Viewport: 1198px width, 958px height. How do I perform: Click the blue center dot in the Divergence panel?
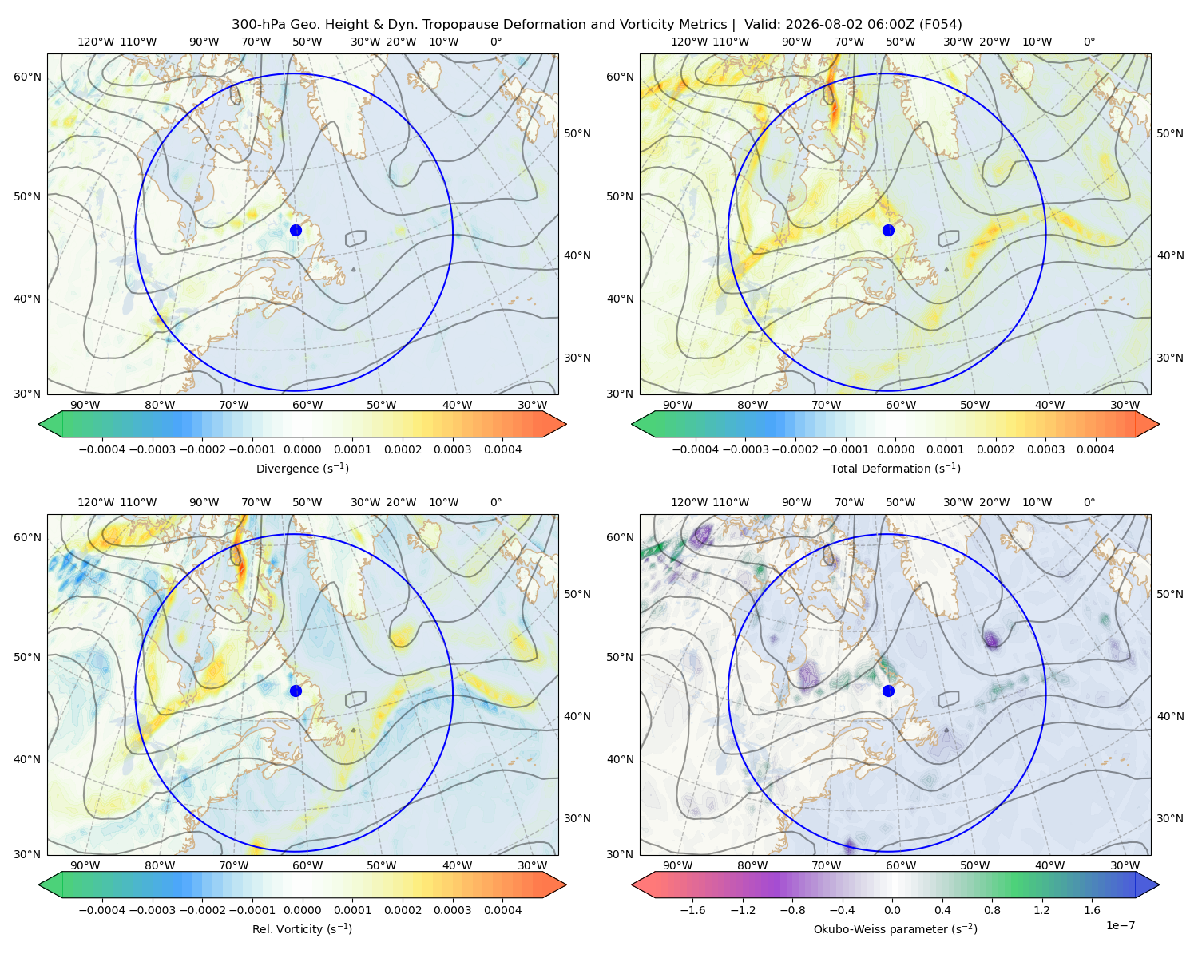pyautogui.click(x=296, y=231)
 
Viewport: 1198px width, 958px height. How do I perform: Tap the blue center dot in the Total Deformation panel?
pyautogui.click(x=888, y=231)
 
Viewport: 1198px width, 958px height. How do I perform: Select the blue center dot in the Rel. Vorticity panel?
pyautogui.click(x=296, y=691)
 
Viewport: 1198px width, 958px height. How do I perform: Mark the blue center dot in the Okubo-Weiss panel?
pyautogui.click(x=888, y=691)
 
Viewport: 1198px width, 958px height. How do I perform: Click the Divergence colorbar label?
pyautogui.click(x=302, y=469)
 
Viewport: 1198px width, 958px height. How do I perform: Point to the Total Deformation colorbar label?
pyautogui.click(x=895, y=469)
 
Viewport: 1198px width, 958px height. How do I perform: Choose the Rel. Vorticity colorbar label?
pyautogui.click(x=302, y=929)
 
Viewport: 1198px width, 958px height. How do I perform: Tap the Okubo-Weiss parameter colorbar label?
pyautogui.click(x=895, y=929)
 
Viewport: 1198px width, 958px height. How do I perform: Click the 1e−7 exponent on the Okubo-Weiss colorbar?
pyautogui.click(x=1120, y=926)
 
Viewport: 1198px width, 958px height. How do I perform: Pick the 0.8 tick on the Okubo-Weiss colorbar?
pyautogui.click(x=992, y=910)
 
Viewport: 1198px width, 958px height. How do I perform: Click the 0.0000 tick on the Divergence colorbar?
pyautogui.click(x=302, y=449)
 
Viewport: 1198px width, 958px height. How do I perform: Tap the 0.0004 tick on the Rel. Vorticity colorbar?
pyautogui.click(x=502, y=910)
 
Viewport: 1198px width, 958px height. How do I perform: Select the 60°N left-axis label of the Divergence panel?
pyautogui.click(x=27, y=77)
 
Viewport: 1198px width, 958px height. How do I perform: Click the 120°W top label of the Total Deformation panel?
pyautogui.click(x=689, y=42)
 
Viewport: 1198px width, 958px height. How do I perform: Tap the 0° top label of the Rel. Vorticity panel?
pyautogui.click(x=496, y=502)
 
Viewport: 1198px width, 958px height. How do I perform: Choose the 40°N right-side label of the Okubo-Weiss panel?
pyautogui.click(x=1170, y=716)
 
